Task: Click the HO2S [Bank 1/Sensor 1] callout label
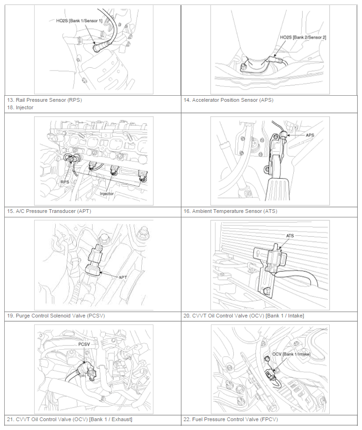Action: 79,21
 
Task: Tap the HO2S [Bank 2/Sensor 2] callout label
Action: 303,37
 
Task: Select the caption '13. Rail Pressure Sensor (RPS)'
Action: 44,100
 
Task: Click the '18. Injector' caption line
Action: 20,107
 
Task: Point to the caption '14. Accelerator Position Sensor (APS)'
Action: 228,100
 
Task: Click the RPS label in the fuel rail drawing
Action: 65,182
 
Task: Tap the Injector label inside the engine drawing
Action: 107,194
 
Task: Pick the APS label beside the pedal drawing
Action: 310,135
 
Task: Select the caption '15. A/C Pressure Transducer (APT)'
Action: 49,211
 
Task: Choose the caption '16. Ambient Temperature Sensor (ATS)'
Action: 230,211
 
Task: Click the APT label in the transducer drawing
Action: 123,277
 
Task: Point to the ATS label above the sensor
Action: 290,236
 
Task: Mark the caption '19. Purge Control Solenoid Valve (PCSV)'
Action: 56,316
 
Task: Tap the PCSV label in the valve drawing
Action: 84,344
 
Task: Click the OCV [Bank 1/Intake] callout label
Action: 291,354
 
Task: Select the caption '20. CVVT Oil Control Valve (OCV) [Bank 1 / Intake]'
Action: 244,316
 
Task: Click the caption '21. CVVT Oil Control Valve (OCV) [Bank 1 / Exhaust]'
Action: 70,419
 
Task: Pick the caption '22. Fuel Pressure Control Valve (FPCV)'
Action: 231,419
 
